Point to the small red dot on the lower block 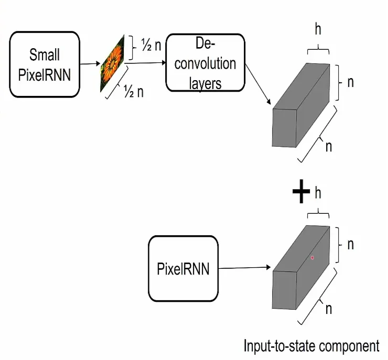click(312, 257)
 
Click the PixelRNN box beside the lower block click(183, 269)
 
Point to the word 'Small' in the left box click(45, 54)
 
